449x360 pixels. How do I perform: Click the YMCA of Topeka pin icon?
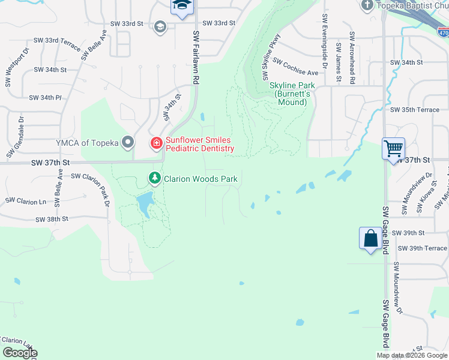tap(127, 142)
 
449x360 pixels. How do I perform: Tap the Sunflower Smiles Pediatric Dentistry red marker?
tap(156, 143)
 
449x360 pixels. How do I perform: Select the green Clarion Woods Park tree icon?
tap(155, 178)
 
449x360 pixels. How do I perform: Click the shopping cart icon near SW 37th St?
tap(393, 148)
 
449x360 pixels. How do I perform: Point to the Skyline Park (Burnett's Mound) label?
tap(291, 94)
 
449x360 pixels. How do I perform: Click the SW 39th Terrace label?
tap(422, 248)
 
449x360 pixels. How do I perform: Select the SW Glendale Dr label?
tap(15, 137)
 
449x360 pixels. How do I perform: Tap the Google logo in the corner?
tap(20, 353)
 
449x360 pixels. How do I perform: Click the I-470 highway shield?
tap(442, 35)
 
